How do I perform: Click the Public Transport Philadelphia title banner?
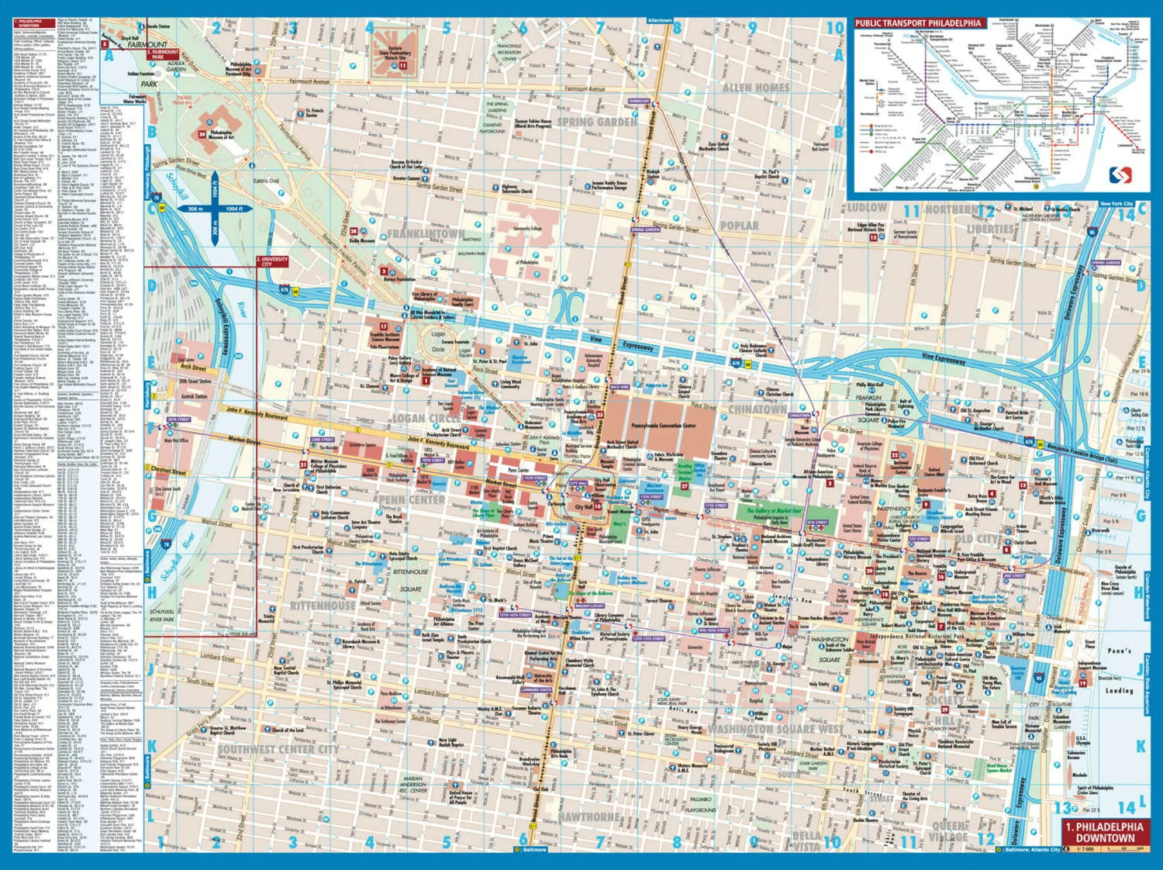coord(919,23)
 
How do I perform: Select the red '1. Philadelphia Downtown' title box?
coord(1104,832)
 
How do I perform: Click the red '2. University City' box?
coord(272,262)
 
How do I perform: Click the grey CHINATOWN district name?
coord(758,409)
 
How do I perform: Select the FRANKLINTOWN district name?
coord(426,233)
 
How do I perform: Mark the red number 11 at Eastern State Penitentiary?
coord(403,66)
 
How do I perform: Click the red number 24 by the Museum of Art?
coord(202,133)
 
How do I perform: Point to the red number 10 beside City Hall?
coord(598,506)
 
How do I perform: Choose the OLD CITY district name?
coord(976,539)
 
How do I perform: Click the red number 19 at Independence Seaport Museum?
coord(1082,682)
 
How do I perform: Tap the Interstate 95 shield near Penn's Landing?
coord(1038,678)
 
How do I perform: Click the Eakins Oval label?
coord(266,181)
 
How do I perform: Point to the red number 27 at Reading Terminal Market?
coord(685,485)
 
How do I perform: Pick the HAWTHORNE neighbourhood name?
coord(588,816)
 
